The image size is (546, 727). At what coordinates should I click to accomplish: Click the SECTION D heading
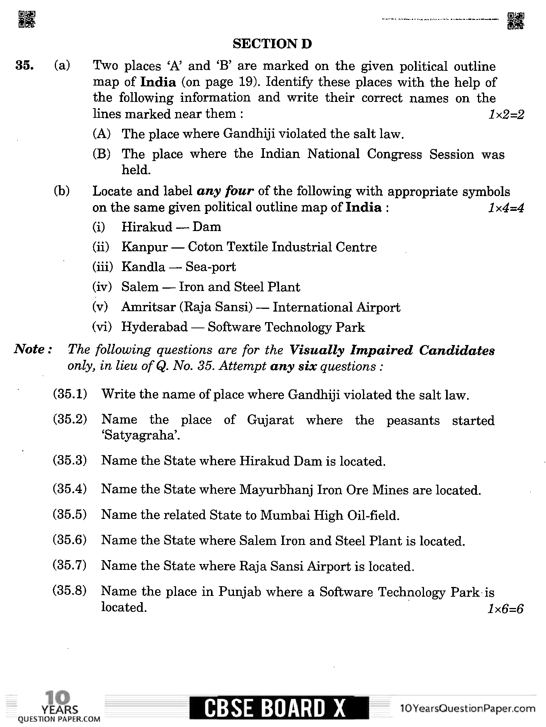[x=272, y=44]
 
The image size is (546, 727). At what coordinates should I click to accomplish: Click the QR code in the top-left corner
[x=27, y=20]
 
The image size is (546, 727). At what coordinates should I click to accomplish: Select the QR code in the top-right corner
[x=515, y=21]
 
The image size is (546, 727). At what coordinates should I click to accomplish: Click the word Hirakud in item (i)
[x=147, y=227]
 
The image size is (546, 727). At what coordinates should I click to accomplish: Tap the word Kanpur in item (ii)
[x=144, y=247]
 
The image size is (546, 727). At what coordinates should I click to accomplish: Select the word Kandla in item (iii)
[x=143, y=267]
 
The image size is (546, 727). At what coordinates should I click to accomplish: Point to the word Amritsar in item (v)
[x=148, y=307]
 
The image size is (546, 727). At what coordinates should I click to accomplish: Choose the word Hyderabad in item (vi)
[x=154, y=327]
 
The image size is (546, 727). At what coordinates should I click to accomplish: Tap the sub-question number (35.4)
[x=70, y=489]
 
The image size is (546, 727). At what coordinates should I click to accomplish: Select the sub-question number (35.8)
[x=70, y=591]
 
